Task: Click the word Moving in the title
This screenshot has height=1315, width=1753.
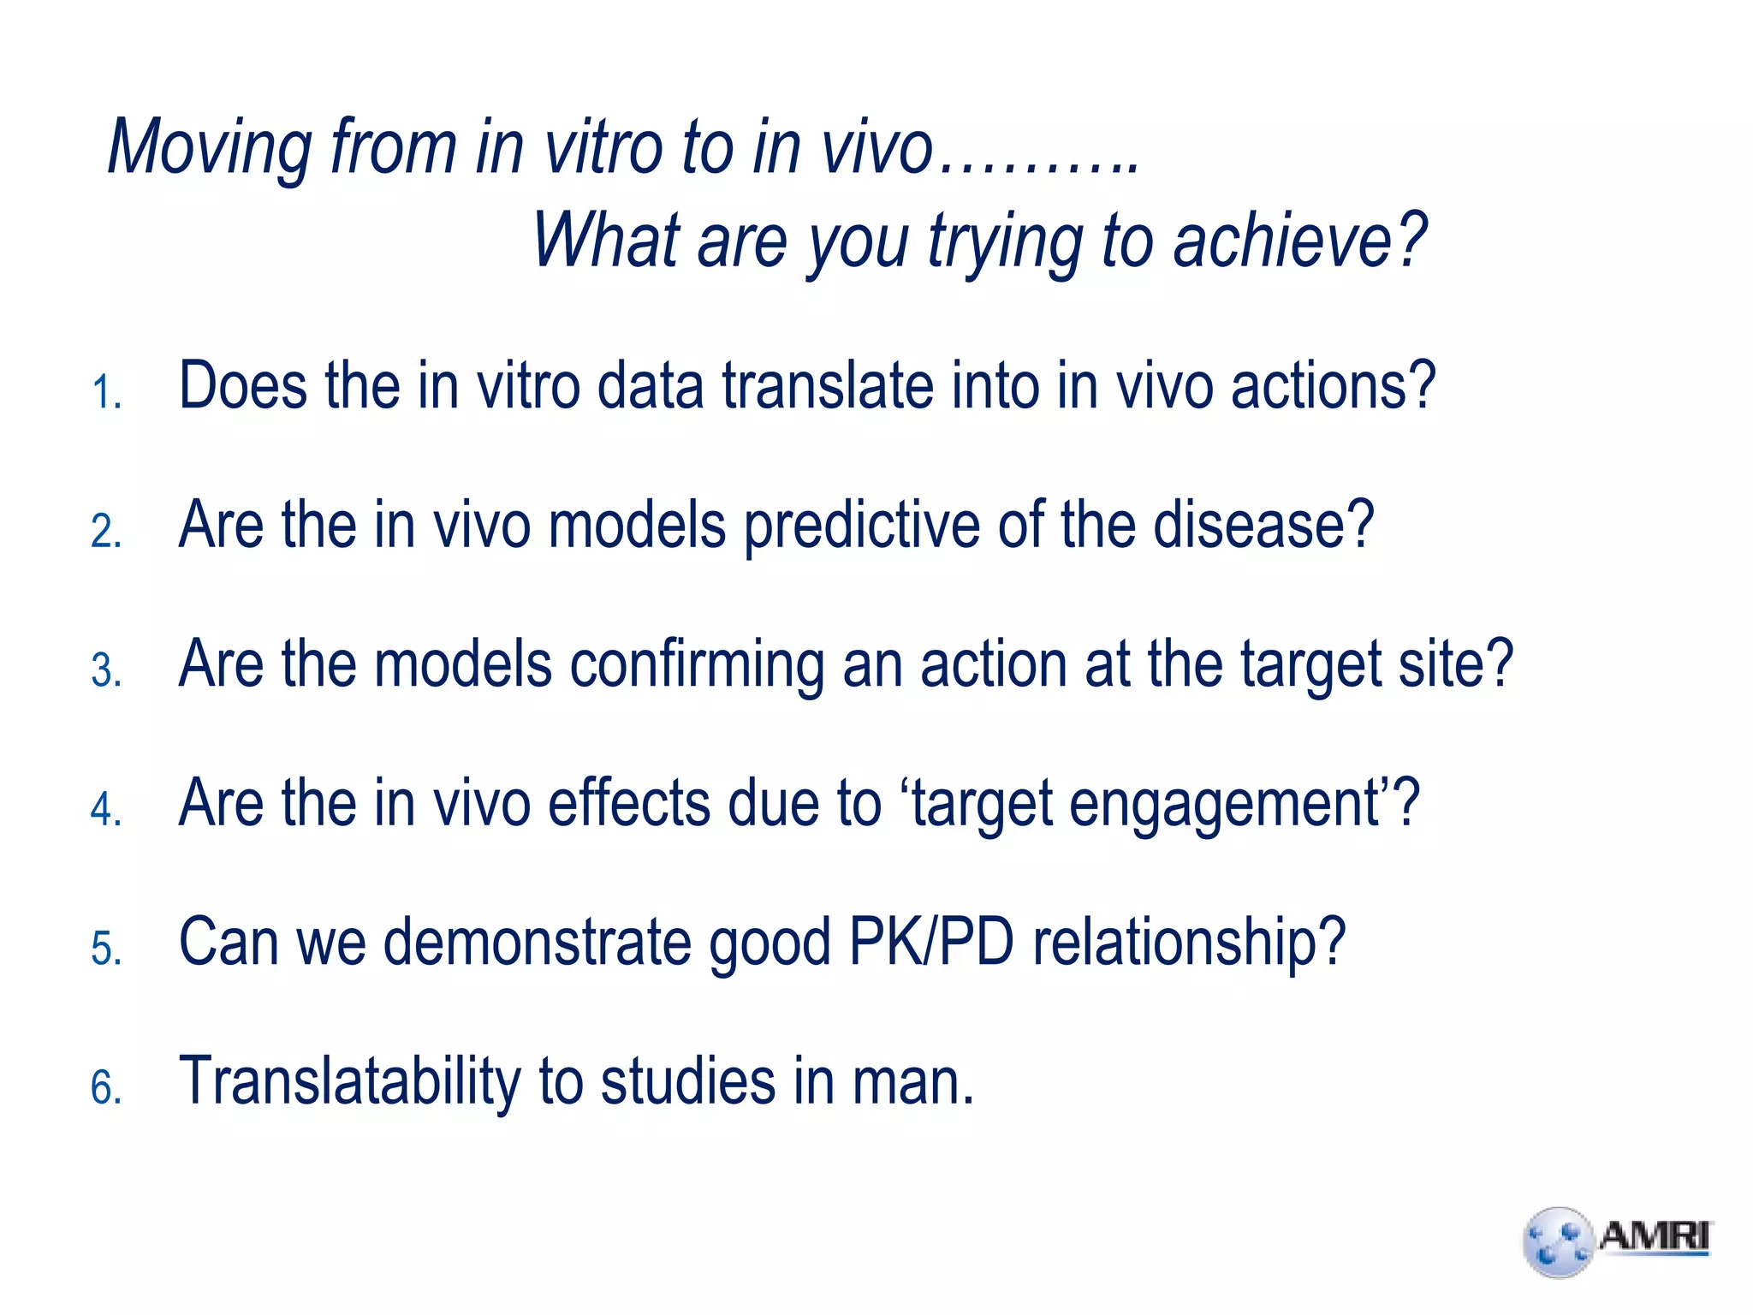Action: pos(209,147)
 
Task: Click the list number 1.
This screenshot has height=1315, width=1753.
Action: pos(106,393)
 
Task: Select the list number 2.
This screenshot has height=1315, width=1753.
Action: pos(106,532)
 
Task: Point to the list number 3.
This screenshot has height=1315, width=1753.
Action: pos(106,670)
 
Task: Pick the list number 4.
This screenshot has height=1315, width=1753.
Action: pos(106,810)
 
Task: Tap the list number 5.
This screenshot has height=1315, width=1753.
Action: pos(106,949)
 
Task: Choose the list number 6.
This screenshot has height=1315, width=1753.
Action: pos(106,1088)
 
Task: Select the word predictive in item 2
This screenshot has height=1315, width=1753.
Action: pos(860,527)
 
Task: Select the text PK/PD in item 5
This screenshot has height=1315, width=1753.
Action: pos(930,943)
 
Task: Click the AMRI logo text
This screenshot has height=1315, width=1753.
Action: pos(1654,1237)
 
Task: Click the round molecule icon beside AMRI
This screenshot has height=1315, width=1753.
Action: pos(1559,1242)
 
